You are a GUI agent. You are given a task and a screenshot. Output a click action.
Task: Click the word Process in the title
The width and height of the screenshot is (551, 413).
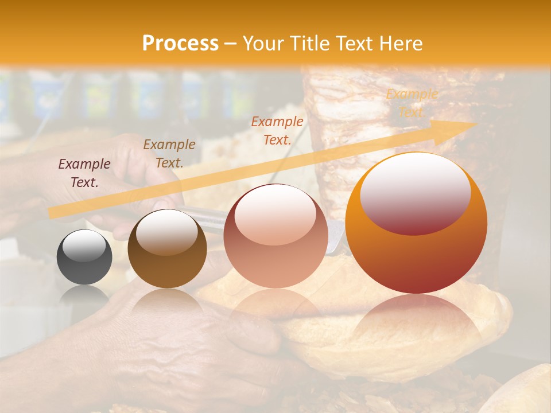[x=180, y=44]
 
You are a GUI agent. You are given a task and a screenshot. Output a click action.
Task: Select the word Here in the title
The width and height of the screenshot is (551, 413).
[x=399, y=44]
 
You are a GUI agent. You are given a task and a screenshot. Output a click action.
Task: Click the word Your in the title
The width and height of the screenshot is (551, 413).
[x=264, y=44]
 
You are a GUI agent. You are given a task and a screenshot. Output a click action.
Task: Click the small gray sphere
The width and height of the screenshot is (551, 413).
[x=84, y=257]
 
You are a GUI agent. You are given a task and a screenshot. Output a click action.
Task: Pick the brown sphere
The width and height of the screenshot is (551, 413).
[x=167, y=249]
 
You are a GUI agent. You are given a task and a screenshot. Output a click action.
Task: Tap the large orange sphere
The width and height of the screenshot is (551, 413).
[x=416, y=224]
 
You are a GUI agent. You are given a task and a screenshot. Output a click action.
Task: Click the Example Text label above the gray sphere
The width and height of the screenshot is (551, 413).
[x=84, y=173]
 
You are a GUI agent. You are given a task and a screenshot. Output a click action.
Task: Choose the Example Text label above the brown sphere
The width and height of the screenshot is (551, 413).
[x=169, y=153]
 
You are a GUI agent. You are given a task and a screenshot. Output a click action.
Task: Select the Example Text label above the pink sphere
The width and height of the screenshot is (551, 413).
[x=277, y=130]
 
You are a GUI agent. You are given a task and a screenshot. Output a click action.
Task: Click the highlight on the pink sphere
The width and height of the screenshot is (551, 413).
[x=275, y=213]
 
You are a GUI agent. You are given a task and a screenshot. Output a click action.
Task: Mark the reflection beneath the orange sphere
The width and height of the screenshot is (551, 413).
[x=416, y=327]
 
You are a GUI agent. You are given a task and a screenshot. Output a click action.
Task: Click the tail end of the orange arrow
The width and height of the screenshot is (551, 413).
[x=52, y=213]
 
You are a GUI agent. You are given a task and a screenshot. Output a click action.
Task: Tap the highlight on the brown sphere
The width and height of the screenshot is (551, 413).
[x=166, y=232]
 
